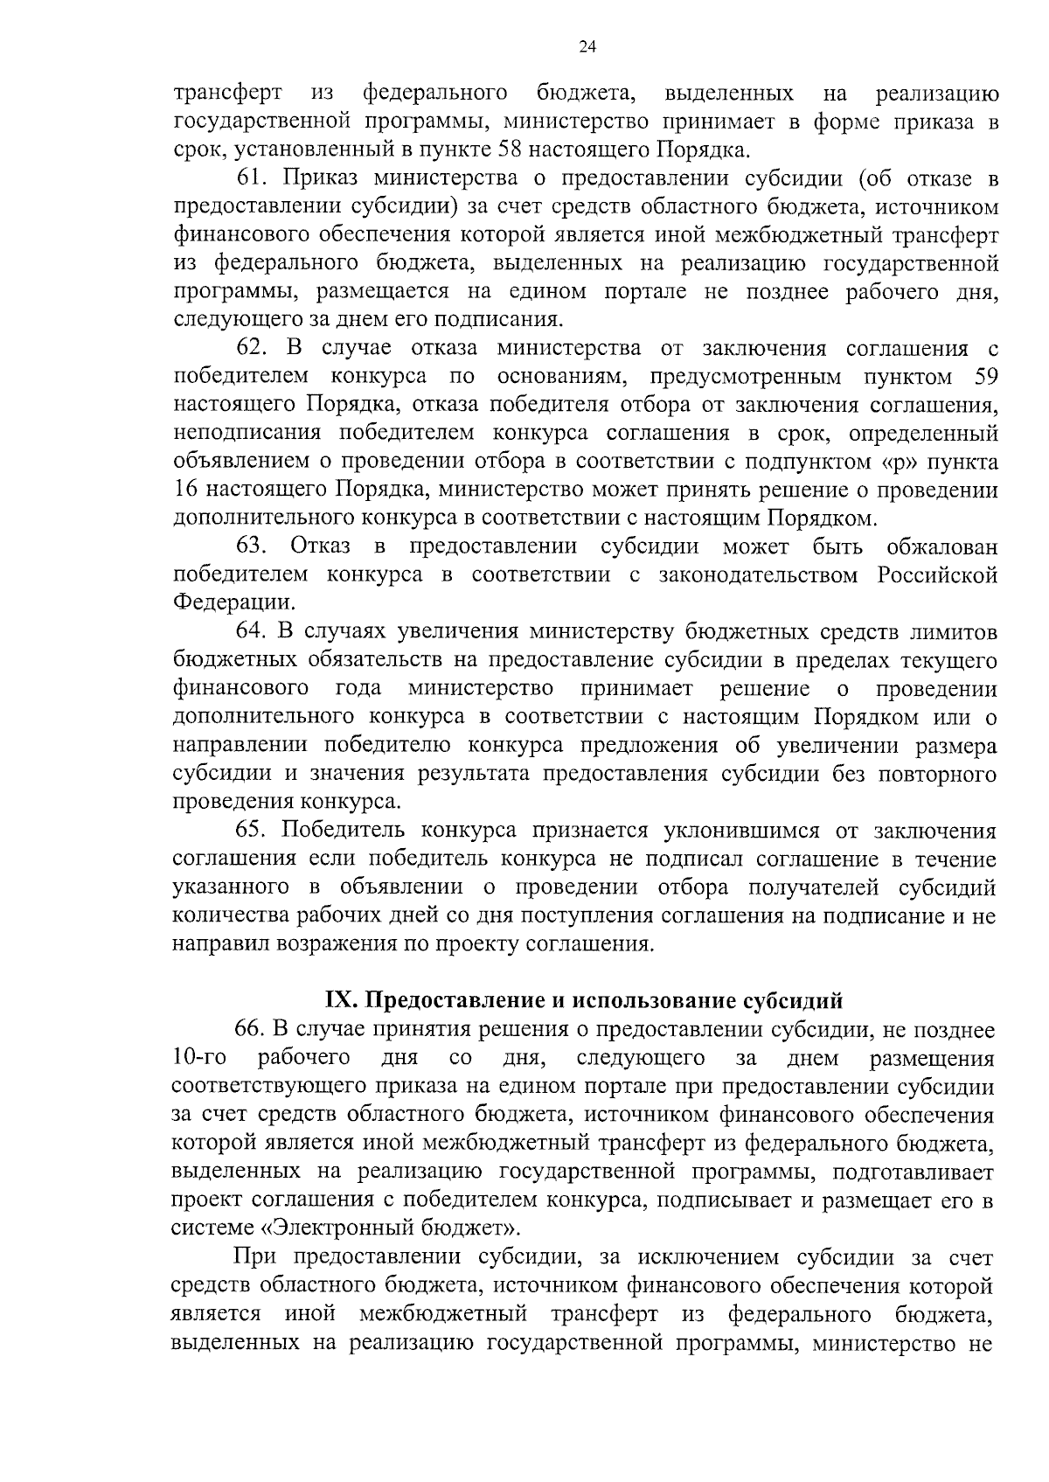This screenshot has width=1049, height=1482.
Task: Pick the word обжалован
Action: (x=941, y=546)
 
